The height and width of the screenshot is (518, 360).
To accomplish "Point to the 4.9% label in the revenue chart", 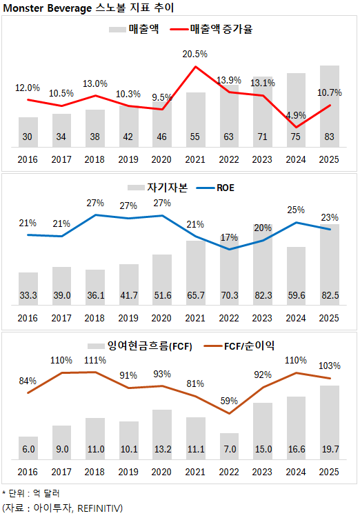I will coord(295,115).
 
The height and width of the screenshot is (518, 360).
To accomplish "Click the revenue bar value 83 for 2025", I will coord(329,137).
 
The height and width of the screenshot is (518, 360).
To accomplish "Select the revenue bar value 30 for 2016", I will coord(28,137).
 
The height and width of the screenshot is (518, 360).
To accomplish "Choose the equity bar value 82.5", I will coord(329,295).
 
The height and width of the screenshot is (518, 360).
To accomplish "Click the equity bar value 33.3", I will coord(28,295).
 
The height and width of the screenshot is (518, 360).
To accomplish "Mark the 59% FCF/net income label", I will coord(228,400).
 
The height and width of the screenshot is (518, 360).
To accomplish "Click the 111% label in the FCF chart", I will coord(95,361).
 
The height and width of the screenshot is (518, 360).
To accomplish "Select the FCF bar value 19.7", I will coord(329,449).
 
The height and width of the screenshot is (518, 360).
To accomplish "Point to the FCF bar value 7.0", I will coord(229,449).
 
